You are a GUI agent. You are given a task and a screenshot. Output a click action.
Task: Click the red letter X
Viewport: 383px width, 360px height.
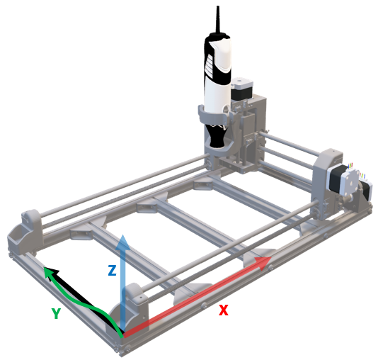coord(223,310)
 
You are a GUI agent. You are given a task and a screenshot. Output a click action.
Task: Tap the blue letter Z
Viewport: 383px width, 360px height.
coord(112,270)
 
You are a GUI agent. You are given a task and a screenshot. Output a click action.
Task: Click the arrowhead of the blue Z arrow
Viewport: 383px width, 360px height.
coord(123,242)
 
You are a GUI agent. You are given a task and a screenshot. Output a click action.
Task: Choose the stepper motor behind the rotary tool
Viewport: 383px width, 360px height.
coord(241,91)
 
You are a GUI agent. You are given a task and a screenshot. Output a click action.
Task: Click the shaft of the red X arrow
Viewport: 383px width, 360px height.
coord(198,295)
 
